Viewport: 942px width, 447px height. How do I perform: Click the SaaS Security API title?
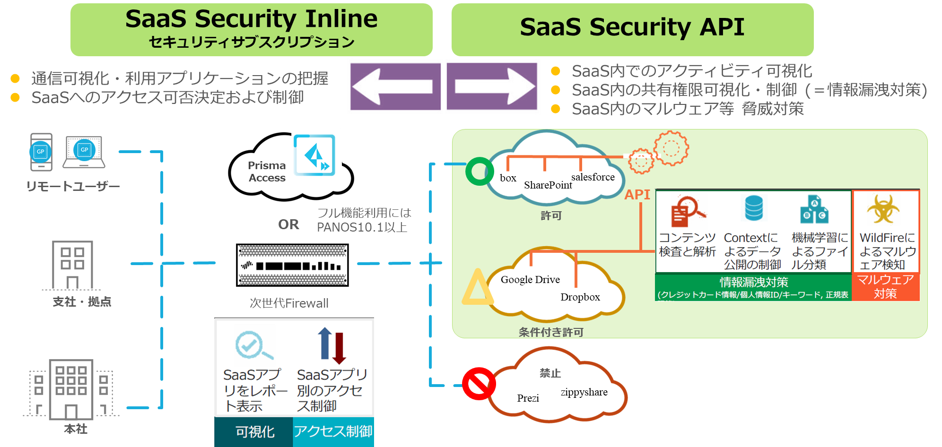(632, 27)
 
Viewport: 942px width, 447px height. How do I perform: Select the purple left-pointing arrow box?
(395, 86)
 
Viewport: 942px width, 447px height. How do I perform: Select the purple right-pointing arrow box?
(492, 86)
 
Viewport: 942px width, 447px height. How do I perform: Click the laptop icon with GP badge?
(88, 155)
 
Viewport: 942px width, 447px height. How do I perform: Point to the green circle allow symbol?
(479, 171)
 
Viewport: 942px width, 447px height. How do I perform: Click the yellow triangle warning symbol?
(477, 288)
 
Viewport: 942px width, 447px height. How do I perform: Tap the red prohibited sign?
(478, 384)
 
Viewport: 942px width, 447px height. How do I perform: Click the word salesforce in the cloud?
(593, 177)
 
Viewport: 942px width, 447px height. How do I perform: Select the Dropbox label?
(580, 297)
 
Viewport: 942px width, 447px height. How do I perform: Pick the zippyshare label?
(584, 392)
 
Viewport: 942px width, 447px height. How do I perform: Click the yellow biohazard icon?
(883, 209)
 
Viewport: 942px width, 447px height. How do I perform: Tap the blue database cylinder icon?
(753, 208)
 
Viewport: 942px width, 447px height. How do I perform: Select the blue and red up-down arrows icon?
(332, 345)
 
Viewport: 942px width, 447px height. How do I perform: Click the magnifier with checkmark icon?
(253, 346)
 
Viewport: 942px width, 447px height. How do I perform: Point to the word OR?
(288, 224)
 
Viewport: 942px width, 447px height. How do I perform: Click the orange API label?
(637, 195)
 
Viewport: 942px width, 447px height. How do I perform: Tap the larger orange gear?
(671, 148)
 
